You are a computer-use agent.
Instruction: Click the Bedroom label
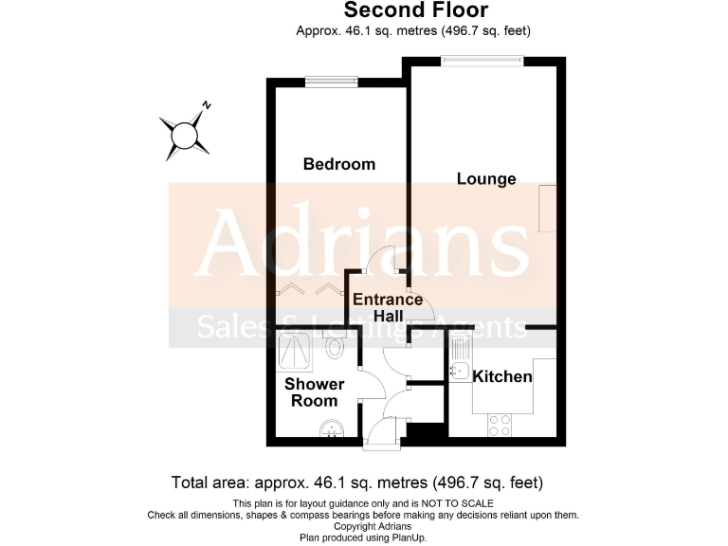coord(338,164)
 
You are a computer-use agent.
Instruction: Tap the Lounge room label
coord(486,178)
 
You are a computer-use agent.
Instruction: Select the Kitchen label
coord(502,376)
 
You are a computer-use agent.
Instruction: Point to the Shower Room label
coord(315,392)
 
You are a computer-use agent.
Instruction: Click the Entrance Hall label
coord(378,308)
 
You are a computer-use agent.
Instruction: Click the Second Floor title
coord(416,10)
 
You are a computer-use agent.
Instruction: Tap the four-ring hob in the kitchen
coord(500,426)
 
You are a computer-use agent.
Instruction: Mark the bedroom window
coord(330,82)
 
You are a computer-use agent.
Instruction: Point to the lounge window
coord(482,62)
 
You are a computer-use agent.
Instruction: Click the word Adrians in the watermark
coord(363,244)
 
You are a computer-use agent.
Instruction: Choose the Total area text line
coord(356,482)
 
